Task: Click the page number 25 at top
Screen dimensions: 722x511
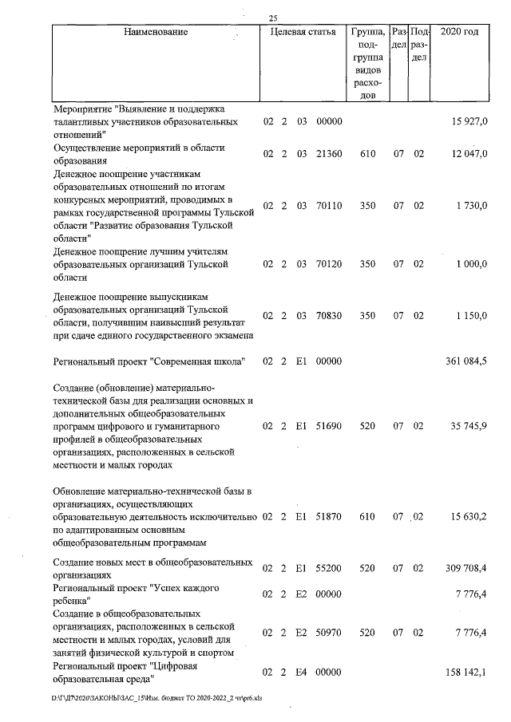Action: click(x=273, y=18)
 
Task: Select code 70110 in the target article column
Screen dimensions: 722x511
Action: click(x=329, y=206)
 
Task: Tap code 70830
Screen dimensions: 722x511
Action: click(x=329, y=316)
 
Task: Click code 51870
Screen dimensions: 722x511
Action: click(x=329, y=517)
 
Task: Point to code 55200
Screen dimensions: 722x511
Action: click(x=329, y=567)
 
